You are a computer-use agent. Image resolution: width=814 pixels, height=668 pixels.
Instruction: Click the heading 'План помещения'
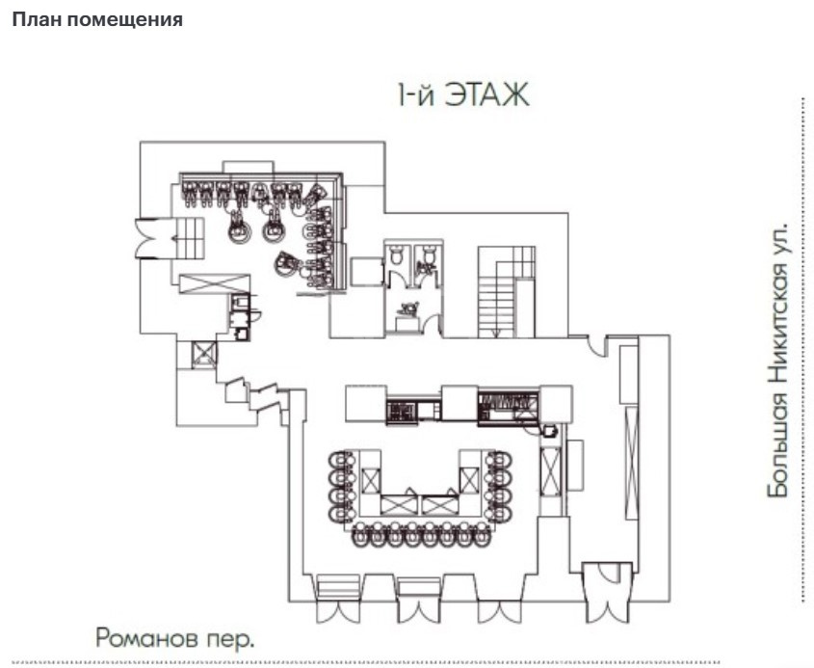coord(97,19)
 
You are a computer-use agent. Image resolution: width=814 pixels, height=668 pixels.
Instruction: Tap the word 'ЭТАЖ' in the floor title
coord(486,95)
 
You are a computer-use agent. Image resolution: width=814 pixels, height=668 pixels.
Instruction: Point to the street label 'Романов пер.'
coord(175,638)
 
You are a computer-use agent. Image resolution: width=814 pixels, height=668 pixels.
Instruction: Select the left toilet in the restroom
coord(397,254)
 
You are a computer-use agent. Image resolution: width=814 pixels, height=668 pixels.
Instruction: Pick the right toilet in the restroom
coord(429,254)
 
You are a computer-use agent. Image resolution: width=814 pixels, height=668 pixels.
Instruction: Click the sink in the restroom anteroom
coord(409,308)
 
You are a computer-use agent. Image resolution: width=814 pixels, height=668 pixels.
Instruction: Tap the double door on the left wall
coord(149,238)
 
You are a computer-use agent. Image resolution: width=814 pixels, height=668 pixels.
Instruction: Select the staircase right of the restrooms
coord(506,292)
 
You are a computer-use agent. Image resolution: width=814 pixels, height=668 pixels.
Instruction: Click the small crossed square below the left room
coord(203,355)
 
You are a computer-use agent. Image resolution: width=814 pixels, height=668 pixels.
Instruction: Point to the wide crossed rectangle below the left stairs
coord(215,284)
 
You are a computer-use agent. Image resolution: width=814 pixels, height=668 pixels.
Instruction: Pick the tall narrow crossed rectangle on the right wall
coord(631,463)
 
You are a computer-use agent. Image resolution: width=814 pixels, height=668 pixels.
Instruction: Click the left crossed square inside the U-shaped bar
coord(371,480)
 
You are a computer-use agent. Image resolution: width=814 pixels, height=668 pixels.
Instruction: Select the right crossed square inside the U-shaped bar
coord(469,480)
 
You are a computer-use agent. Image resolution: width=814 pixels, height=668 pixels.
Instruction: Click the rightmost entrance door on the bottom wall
coord(607,592)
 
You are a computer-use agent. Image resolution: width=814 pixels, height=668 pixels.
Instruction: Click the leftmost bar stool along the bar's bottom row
coord(361,535)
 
